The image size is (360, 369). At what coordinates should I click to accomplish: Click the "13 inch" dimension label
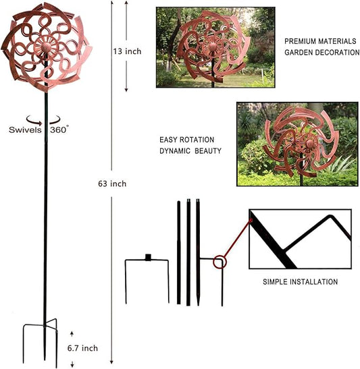[127, 51]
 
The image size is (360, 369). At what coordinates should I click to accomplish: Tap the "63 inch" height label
[112, 183]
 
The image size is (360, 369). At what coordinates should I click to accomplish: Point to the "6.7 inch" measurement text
[82, 348]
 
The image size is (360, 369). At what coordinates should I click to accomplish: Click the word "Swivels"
[25, 130]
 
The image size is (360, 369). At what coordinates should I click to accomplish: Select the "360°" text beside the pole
[59, 130]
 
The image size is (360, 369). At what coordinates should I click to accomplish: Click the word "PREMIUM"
[300, 41]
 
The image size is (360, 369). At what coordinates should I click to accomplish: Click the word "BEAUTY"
[208, 150]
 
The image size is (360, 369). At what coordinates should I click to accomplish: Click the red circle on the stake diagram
[220, 262]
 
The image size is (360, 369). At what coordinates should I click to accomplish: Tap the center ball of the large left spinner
[46, 47]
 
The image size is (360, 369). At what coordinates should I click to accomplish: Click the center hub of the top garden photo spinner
[213, 47]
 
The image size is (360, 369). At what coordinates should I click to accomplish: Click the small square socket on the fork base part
[148, 257]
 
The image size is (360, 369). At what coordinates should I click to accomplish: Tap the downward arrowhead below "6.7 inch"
[72, 365]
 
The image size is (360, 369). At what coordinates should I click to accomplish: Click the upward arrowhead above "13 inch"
[126, 3]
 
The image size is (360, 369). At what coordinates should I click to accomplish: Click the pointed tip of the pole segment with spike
[198, 304]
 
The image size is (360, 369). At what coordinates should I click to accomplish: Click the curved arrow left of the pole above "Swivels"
[34, 121]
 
